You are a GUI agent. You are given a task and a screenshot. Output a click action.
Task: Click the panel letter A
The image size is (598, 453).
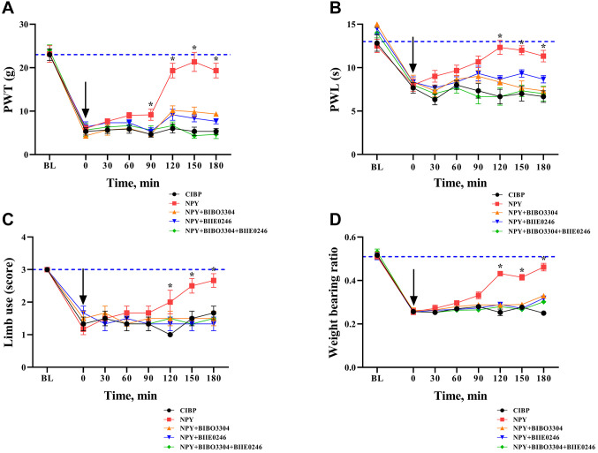(9, 9)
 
